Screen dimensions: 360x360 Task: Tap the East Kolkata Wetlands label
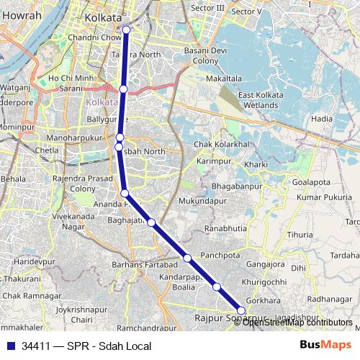[258, 100]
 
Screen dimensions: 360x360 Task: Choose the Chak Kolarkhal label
[222, 145]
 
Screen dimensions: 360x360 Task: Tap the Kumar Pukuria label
[322, 197]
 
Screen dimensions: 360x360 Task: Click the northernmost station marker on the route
[127, 30]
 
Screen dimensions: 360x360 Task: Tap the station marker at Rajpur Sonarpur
[241, 310]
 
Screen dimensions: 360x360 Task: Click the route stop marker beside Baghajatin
[151, 222]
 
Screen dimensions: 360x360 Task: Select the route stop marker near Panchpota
[187, 258]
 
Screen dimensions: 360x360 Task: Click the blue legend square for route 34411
[10, 346]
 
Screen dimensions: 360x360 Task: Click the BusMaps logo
[325, 345]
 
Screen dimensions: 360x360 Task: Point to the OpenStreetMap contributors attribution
[297, 323]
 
